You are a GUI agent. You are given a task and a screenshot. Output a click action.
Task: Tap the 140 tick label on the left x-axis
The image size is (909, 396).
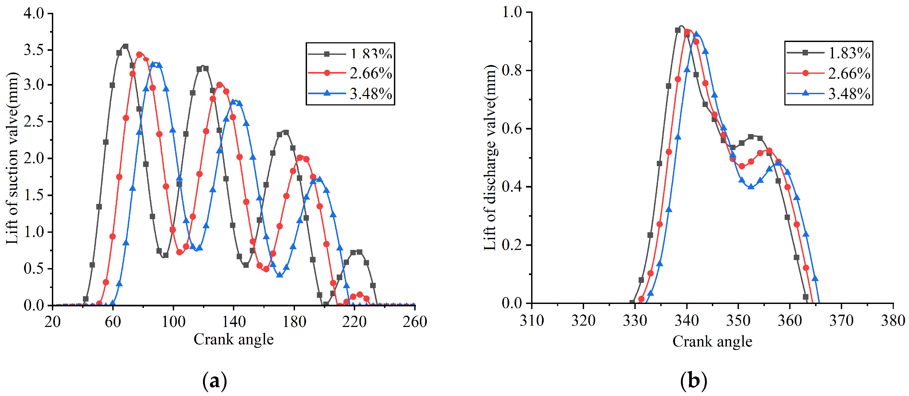tap(234, 322)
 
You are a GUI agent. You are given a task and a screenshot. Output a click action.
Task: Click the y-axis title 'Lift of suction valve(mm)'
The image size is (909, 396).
tap(12, 158)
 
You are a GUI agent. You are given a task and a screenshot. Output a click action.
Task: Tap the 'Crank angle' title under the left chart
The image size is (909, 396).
tap(234, 340)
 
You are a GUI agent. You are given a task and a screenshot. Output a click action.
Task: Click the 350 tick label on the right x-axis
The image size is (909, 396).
tap(738, 321)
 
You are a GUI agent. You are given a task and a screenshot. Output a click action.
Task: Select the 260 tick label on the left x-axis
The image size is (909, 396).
tap(415, 322)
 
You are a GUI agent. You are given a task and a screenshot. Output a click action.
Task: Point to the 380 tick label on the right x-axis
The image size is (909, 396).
tap(893, 321)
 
